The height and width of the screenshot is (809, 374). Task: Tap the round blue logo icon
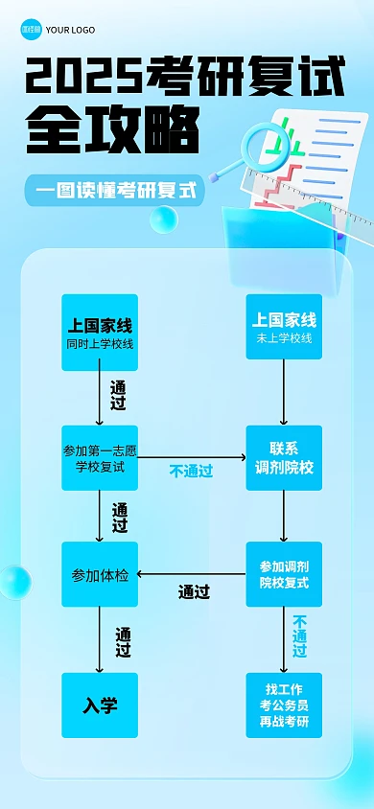pos(32,29)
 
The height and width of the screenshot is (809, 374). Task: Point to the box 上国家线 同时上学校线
pos(100,333)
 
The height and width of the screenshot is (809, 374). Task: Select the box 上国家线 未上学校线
pos(284,327)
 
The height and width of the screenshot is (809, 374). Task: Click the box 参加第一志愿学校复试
pos(100,458)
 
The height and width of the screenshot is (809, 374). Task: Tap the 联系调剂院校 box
pos(284,458)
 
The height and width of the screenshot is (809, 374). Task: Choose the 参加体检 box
pos(100,574)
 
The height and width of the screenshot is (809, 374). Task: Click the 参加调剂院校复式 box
pos(284,573)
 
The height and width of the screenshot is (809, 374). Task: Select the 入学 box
pos(100,705)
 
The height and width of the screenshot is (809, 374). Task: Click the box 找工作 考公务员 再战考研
pos(284,705)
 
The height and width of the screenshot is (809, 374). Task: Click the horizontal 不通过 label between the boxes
pos(191,471)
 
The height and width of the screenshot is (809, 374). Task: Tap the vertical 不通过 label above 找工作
pos(300,636)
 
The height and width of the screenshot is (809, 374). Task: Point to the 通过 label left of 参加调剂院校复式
pos(194,592)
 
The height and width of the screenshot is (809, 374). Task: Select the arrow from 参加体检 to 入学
pos(100,639)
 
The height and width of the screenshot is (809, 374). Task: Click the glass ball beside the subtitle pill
pos(163,220)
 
